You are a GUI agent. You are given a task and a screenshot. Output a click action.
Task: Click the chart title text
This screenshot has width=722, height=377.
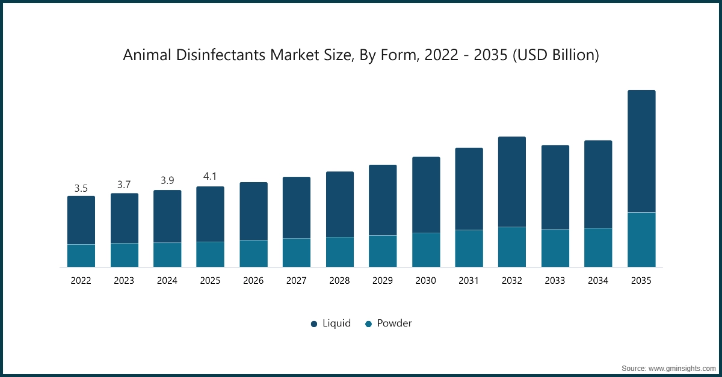pos(361,55)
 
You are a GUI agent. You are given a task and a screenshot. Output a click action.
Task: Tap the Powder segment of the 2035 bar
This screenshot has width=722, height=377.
pos(641,239)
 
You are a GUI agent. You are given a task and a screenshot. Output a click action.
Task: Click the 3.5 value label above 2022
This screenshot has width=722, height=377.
pos(81,189)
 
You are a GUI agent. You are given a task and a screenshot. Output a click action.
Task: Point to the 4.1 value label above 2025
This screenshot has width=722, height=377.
pos(210,177)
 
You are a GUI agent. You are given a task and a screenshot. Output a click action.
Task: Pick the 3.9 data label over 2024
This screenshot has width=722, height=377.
pos(167,180)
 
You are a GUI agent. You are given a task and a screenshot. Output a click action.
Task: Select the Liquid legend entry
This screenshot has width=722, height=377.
pos(330,323)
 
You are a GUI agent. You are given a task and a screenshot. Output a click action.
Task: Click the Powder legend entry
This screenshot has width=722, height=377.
pos(388,323)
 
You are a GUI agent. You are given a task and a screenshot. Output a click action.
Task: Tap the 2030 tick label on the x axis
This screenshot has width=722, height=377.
pos(425,281)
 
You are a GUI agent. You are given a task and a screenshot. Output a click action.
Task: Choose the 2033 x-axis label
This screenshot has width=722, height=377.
pos(555,281)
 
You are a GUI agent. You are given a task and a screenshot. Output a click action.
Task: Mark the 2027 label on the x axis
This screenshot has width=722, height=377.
pos(297,281)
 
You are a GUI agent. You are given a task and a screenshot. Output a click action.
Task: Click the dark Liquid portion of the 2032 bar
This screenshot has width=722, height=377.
pos(512,182)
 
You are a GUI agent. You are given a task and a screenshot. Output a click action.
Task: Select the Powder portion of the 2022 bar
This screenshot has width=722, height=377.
pos(81,256)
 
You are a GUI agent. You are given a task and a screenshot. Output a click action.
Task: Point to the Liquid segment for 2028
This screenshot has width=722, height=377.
pos(340,204)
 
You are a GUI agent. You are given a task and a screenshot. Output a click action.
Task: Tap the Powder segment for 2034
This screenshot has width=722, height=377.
pos(598,247)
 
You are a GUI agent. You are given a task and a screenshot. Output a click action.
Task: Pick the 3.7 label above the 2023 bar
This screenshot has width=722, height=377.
pos(124,185)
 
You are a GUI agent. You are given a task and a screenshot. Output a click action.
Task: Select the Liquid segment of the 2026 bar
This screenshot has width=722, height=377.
pos(253,211)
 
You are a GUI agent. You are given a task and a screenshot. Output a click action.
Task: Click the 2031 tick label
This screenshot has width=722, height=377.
pos(469,281)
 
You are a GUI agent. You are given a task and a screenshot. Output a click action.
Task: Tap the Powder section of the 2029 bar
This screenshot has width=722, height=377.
pos(383,251)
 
